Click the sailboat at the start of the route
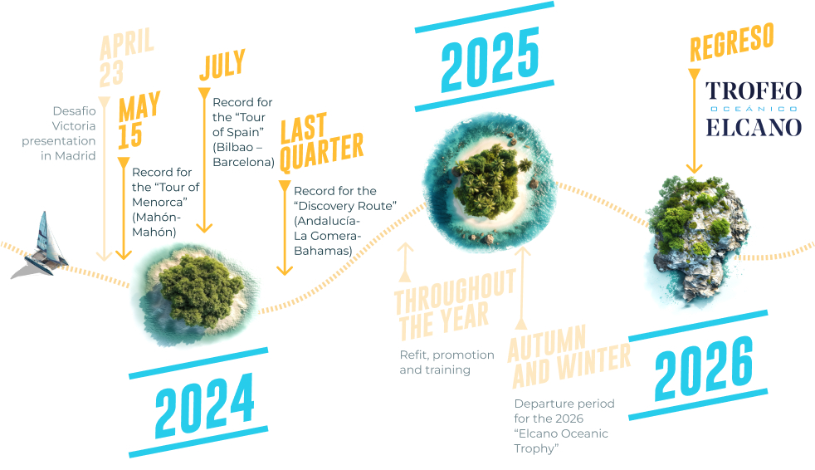point(41,247)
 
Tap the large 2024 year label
point(204,405)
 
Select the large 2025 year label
point(490,58)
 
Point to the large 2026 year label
point(704,368)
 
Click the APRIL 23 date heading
point(126,57)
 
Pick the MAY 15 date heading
point(139,120)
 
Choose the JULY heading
point(222,65)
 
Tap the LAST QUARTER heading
point(321,141)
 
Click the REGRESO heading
point(732,42)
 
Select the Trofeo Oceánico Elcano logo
point(753,109)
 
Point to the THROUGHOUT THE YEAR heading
point(455,306)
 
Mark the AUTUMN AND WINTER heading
point(569,356)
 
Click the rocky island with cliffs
point(697,240)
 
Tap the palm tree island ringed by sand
point(489,182)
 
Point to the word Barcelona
point(243,162)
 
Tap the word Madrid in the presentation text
point(76,155)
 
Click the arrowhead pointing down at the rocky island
point(694,168)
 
